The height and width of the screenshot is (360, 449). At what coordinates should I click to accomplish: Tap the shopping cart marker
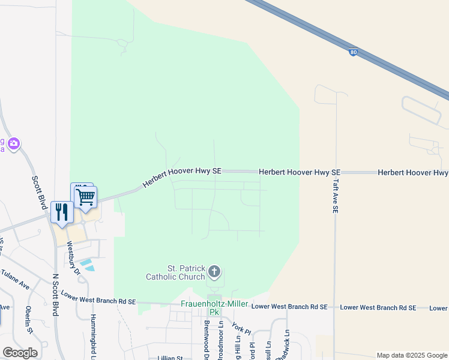[86, 196]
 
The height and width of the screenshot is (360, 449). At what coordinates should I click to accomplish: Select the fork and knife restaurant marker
[62, 212]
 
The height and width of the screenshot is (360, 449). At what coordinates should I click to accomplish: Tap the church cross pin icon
[214, 272]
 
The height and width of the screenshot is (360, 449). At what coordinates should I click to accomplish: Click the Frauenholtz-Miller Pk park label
[214, 308]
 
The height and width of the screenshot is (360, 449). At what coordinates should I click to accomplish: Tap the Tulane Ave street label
[15, 280]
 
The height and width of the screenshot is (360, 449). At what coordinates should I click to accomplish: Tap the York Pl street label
[241, 330]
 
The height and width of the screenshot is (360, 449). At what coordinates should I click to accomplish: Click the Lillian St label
[170, 358]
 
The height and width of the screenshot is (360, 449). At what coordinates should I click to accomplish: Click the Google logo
[20, 352]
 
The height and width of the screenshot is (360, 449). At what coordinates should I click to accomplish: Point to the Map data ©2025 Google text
[411, 355]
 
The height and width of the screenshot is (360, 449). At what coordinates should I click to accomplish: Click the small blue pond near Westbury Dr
[86, 264]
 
